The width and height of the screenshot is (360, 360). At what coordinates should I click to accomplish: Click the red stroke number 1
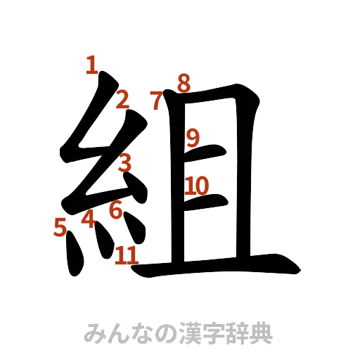tap(91, 65)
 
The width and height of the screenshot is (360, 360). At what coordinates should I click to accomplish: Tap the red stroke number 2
tap(122, 101)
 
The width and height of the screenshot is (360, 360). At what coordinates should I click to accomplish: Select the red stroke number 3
tap(125, 164)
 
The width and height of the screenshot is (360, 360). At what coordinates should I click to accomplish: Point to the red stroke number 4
tap(88, 220)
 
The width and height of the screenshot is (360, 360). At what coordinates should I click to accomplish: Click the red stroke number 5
tap(60, 226)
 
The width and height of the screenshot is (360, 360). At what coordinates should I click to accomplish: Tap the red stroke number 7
tap(157, 100)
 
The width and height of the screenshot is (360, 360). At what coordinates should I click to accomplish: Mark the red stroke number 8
tap(183, 84)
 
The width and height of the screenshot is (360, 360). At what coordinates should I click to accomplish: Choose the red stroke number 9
tap(193, 136)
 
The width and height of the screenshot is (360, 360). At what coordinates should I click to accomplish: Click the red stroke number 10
tap(197, 186)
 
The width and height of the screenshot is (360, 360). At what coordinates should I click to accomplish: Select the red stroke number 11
tap(127, 255)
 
